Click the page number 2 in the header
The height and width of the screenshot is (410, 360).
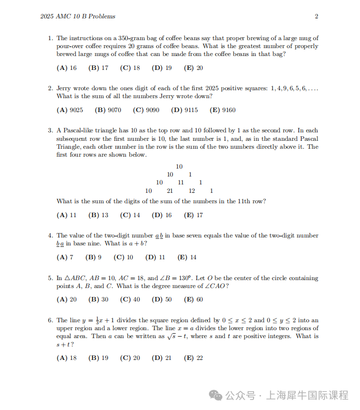pyautogui.click(x=316, y=16)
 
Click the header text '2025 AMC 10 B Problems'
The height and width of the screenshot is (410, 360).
pyautogui.click(x=78, y=16)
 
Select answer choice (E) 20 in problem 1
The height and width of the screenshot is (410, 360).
pyautogui.click(x=193, y=68)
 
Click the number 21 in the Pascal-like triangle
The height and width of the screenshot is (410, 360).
pyautogui.click(x=169, y=191)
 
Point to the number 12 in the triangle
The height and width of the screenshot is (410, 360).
pyautogui.click(x=192, y=191)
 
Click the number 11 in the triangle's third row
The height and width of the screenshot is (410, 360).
pyautogui.click(x=181, y=182)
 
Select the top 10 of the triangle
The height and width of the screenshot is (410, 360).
pyautogui.click(x=179, y=167)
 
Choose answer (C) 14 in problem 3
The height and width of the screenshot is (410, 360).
pyautogui.click(x=130, y=215)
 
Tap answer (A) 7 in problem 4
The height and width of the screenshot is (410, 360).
pyautogui.click(x=65, y=257)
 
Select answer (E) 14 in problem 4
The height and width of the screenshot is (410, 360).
pyautogui.click(x=187, y=257)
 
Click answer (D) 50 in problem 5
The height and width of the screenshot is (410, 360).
pyautogui.click(x=162, y=299)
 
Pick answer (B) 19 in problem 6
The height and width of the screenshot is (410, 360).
pyautogui.click(x=98, y=358)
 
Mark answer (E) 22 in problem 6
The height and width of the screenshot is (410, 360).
pyautogui.click(x=193, y=358)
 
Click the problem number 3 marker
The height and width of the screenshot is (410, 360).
pyautogui.click(x=50, y=130)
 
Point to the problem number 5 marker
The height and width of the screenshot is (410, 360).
pyautogui.click(x=50, y=279)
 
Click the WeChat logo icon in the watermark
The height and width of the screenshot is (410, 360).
pyautogui.click(x=215, y=395)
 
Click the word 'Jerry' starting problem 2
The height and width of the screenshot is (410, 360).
pyautogui.click(x=64, y=89)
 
